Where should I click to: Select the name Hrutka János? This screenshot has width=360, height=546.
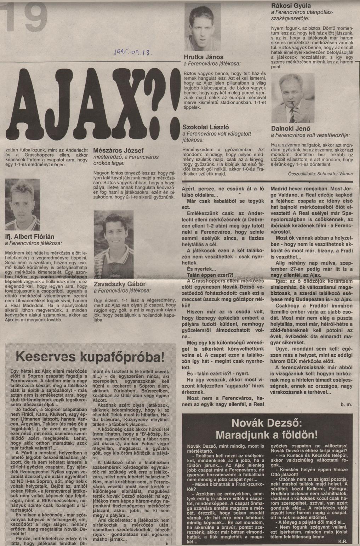click(x=204, y=57)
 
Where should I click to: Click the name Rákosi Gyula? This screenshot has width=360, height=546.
click(x=291, y=6)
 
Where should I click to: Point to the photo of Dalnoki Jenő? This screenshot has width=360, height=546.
click(x=292, y=98)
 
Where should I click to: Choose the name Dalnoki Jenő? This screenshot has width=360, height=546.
click(x=290, y=129)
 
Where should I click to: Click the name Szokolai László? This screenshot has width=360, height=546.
click(x=206, y=127)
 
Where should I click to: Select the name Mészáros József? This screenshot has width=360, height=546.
click(x=118, y=150)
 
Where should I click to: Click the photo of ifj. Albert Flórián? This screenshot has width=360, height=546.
click(x=22, y=204)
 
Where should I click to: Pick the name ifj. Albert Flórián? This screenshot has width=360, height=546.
click(x=30, y=237)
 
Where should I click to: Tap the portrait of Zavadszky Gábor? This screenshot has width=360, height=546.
click(x=113, y=244)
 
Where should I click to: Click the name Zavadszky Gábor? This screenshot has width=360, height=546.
click(x=119, y=284)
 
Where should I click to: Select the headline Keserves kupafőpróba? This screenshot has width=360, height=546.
click(x=90, y=356)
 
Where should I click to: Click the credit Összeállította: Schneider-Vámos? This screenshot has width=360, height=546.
click(x=320, y=173)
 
